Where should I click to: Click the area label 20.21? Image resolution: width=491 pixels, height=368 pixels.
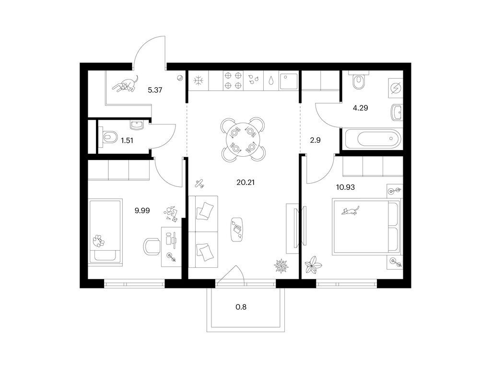[x=245, y=182]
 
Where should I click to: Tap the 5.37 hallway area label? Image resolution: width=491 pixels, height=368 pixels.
[x=155, y=90]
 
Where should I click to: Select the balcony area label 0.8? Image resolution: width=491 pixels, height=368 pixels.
[x=241, y=307]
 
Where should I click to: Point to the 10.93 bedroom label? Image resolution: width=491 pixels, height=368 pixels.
[x=345, y=187]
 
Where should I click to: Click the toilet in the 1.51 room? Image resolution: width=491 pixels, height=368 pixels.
[x=108, y=137]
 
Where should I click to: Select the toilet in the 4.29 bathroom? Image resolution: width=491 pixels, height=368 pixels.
[x=359, y=80]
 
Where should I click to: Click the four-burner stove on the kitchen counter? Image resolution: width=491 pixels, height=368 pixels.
[x=233, y=80]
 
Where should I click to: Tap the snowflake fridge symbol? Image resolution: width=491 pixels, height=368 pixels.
[x=199, y=80]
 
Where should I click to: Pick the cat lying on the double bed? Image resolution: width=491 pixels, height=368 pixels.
[x=351, y=211]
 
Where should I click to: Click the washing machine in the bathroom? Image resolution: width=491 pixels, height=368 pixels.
[x=395, y=87]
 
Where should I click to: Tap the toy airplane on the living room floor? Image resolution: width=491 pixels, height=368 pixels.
[x=199, y=184]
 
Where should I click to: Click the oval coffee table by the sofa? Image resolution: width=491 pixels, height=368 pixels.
[x=237, y=229]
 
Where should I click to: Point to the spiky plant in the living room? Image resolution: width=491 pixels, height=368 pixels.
[x=281, y=266]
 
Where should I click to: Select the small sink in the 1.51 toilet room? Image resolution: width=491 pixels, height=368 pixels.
[x=137, y=125]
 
